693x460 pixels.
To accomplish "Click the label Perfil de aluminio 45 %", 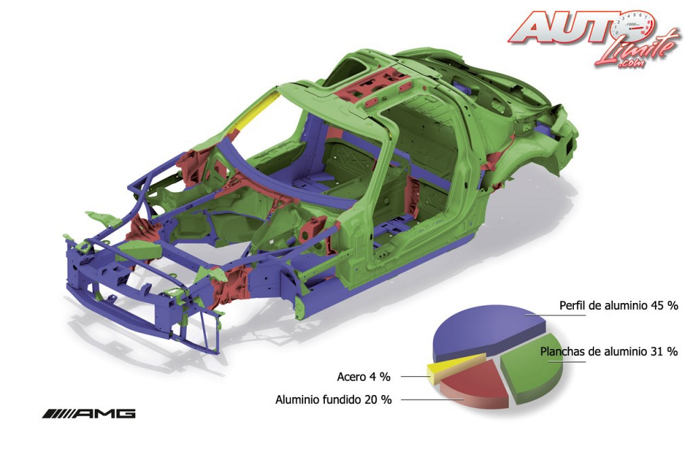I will coord(619,305).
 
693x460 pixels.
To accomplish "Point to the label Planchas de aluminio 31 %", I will coord(609,351).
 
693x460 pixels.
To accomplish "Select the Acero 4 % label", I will coord(364,377).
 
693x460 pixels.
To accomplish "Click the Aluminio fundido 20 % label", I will coord(334,400).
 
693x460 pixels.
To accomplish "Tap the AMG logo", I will coord(89,413).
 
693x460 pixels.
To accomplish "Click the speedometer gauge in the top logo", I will coord(633,26).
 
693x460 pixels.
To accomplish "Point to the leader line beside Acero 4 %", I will coord(414,376).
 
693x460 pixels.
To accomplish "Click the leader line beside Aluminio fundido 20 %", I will coord(430,399).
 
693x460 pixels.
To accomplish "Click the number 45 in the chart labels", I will coord(655,305).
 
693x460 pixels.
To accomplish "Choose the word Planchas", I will coord(562,351).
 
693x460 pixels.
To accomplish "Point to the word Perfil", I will coord(573,305).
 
